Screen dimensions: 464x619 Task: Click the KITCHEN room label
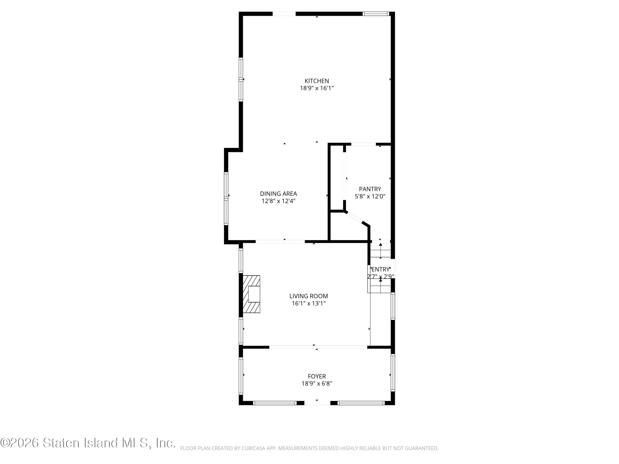pyautogui.click(x=317, y=81)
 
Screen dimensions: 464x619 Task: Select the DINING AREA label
pyautogui.click(x=278, y=194)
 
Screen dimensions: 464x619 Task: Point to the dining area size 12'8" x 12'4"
pyautogui.click(x=278, y=201)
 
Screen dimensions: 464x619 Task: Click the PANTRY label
pyautogui.click(x=370, y=189)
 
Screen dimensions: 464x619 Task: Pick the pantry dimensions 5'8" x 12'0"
pyautogui.click(x=370, y=197)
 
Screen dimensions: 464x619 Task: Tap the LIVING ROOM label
pyautogui.click(x=308, y=296)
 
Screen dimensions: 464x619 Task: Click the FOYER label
pyautogui.click(x=317, y=376)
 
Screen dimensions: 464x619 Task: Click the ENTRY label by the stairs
pyautogui.click(x=380, y=269)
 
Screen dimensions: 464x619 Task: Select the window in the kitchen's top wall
pyautogui.click(x=376, y=14)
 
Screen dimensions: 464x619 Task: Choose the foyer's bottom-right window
pyautogui.click(x=361, y=403)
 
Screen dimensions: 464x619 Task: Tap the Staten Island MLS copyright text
pyautogui.click(x=88, y=443)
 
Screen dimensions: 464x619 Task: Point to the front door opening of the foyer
pyautogui.click(x=317, y=403)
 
